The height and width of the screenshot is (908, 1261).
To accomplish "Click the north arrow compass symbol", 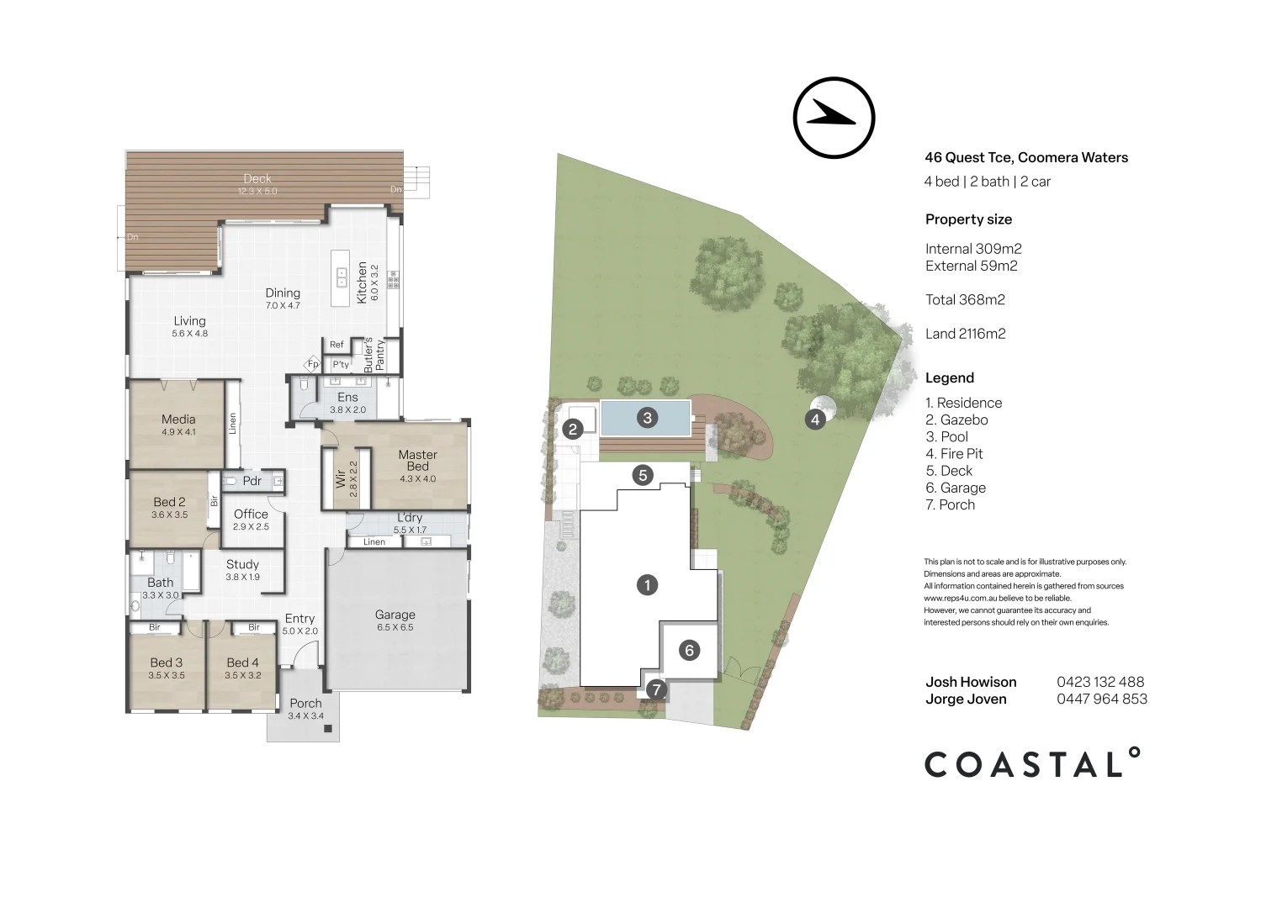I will (834, 118).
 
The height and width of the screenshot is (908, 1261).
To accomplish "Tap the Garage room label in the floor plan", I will (395, 615).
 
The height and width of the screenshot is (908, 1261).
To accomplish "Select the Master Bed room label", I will (417, 460).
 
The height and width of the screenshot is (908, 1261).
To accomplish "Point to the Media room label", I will (178, 419).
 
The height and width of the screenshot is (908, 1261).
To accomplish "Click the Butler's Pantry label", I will (374, 355).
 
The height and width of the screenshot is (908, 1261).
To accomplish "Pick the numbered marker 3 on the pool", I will (647, 417).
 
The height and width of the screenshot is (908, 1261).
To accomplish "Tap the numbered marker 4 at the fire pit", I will (814, 419).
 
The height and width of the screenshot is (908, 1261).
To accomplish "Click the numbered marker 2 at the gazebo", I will (573, 429).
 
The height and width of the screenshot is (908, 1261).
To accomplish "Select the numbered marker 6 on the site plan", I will (689, 650).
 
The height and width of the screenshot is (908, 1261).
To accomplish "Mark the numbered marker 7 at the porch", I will (656, 690).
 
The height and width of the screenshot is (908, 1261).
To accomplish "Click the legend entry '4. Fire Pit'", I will (954, 454).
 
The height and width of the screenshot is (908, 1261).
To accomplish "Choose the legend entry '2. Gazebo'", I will (956, 420).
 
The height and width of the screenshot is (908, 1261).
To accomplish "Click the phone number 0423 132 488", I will (1100, 682).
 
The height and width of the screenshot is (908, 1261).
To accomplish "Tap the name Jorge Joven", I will (966, 699).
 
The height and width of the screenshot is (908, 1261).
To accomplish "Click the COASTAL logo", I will (1032, 763).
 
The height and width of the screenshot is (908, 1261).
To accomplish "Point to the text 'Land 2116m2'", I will (965, 334).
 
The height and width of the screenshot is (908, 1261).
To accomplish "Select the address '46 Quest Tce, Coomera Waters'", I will (1025, 157).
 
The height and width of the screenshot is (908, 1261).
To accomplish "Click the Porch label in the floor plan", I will (305, 703).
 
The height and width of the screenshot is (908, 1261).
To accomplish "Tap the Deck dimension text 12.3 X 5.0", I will (257, 191).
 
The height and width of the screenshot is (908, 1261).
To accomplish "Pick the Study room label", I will (242, 564).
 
